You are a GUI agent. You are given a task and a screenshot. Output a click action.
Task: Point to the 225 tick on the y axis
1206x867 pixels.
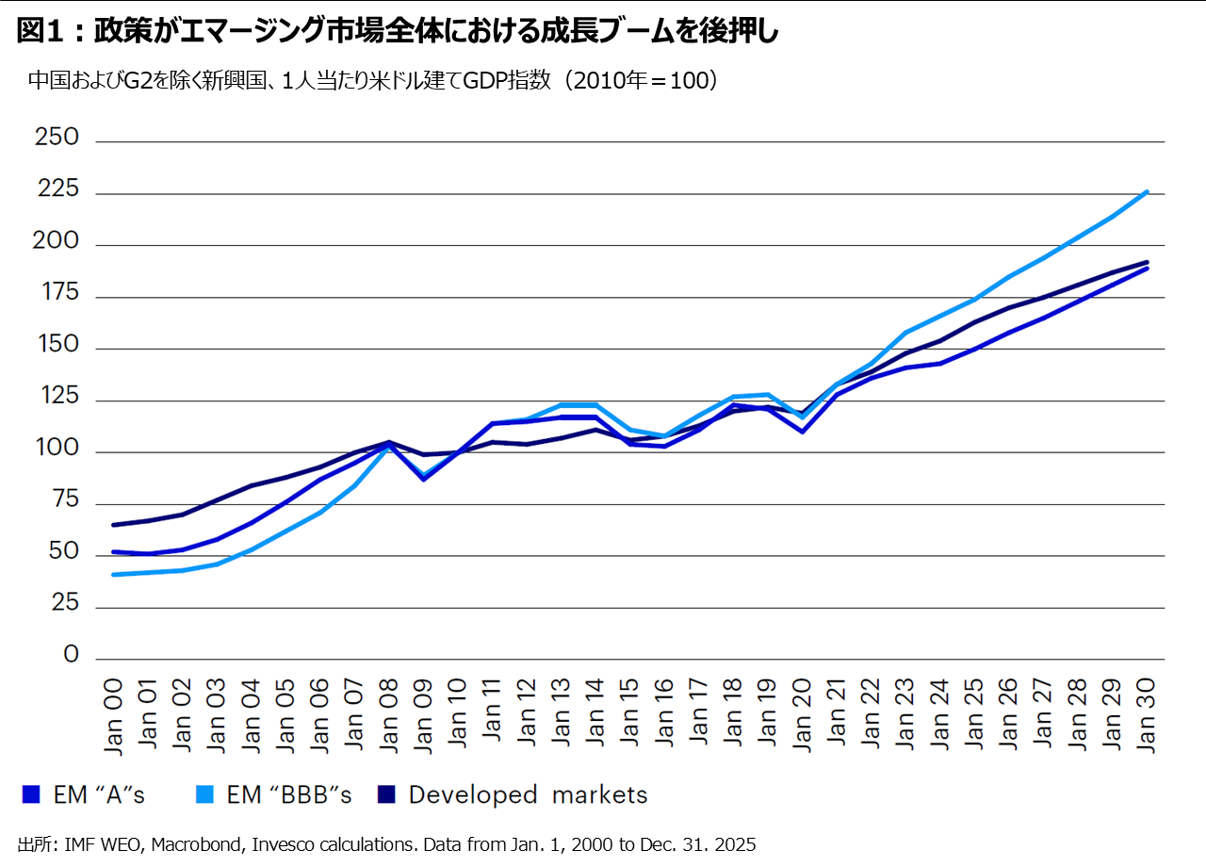click(x=58, y=191)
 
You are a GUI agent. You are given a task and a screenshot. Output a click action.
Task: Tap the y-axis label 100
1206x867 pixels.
click(x=58, y=450)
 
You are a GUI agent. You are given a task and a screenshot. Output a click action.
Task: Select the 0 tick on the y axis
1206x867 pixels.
click(x=72, y=655)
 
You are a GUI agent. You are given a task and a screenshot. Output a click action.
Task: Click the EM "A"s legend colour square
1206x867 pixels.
click(x=31, y=794)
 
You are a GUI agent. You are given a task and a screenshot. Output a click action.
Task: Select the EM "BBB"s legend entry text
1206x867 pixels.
click(x=289, y=794)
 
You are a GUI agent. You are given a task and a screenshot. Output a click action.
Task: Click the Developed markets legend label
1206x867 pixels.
click(x=528, y=794)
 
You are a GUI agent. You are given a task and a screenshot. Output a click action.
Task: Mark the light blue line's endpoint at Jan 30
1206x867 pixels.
click(x=1146, y=191)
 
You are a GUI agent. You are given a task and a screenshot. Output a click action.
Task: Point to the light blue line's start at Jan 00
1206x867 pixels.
click(x=114, y=574)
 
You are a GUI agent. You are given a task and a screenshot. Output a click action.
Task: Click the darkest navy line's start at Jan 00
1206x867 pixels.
click(x=114, y=525)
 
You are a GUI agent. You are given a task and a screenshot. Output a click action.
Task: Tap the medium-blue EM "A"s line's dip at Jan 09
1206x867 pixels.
click(x=423, y=479)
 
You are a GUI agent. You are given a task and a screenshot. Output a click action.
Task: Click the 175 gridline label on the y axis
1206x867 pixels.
click(x=58, y=295)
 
